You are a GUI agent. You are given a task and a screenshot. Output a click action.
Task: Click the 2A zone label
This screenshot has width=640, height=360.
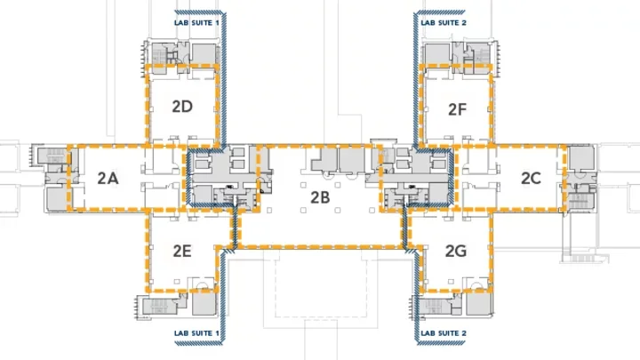(x=108, y=178)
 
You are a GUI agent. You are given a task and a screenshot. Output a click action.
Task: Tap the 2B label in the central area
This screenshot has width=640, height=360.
(x=321, y=198)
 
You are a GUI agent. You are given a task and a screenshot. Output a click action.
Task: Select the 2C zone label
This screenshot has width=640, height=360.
(x=531, y=178)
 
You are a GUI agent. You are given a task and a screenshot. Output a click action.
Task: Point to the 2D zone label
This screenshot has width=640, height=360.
(x=182, y=107)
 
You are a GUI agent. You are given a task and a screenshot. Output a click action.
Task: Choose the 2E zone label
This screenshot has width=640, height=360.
(x=182, y=251)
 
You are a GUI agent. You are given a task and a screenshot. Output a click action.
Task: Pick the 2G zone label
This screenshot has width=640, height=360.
(x=456, y=251)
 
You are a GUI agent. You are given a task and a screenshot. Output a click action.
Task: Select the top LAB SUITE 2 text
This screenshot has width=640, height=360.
(x=444, y=20)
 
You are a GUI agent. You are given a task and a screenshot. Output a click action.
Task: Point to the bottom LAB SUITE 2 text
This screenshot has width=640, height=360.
(x=444, y=339)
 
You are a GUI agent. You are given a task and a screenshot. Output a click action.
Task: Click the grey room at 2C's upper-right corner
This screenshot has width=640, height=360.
(x=578, y=157)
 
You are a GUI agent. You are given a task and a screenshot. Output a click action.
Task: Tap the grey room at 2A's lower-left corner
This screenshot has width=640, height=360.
(x=56, y=199)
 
